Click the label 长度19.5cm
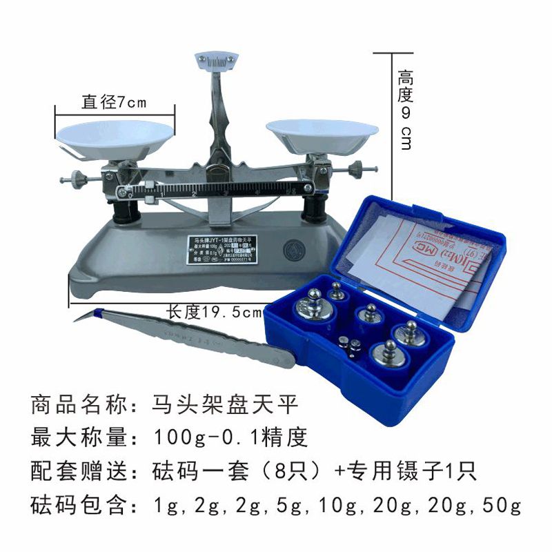(215, 312)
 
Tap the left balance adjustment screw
(74, 179)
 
